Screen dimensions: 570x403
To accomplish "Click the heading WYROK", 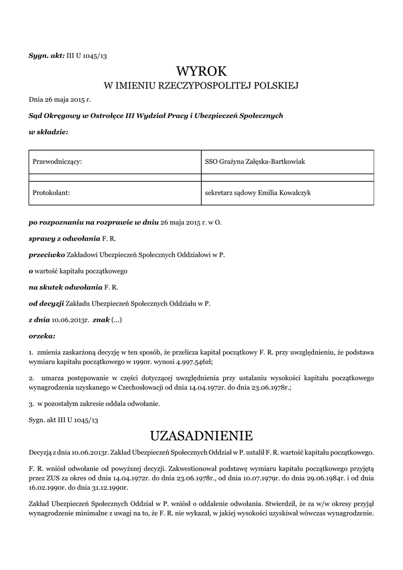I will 201,71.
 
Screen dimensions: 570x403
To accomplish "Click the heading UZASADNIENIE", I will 201,435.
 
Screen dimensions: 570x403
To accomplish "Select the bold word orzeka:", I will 42,336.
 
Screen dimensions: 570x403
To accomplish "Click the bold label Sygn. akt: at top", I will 47,56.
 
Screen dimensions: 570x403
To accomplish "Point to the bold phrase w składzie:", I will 48,132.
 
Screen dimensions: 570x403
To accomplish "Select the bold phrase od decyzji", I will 46,304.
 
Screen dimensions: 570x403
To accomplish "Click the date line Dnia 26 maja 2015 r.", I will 59,100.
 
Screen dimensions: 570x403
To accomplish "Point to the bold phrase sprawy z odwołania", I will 64,238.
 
